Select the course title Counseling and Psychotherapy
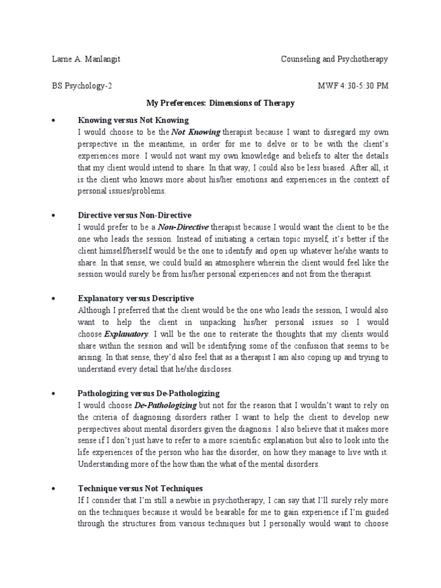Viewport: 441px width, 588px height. coord(335,59)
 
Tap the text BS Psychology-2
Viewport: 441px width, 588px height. coord(80,87)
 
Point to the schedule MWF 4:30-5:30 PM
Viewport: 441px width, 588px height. coord(353,87)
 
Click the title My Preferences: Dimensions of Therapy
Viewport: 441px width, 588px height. coord(220,103)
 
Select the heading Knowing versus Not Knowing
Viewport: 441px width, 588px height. coord(133,120)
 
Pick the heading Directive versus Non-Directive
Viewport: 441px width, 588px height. coord(134,215)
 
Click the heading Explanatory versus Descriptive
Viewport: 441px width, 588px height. coord(136,299)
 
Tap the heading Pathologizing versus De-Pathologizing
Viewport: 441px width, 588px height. coord(149,393)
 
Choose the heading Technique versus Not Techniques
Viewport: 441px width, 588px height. coord(141,489)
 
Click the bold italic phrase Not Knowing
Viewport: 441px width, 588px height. coord(198,132)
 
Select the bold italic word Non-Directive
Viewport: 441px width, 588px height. coord(183,227)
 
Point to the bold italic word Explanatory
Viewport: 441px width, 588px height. coord(126,334)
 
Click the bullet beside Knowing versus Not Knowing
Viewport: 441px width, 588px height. coord(53,121)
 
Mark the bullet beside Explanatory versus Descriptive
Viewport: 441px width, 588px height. coord(53,299)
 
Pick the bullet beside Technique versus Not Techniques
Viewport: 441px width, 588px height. coord(53,489)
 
